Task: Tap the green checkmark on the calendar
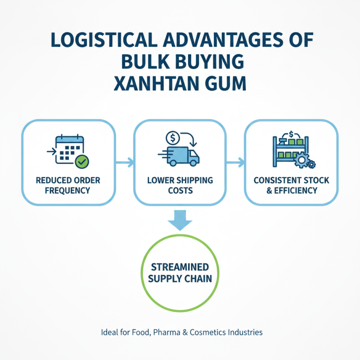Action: click(x=81, y=161)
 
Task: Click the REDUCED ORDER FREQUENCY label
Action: click(x=68, y=185)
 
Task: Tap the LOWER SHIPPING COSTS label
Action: click(x=180, y=185)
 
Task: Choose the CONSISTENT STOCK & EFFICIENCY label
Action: click(x=291, y=185)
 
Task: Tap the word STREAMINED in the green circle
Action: click(x=180, y=267)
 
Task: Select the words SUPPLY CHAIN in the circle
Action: click(x=180, y=279)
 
